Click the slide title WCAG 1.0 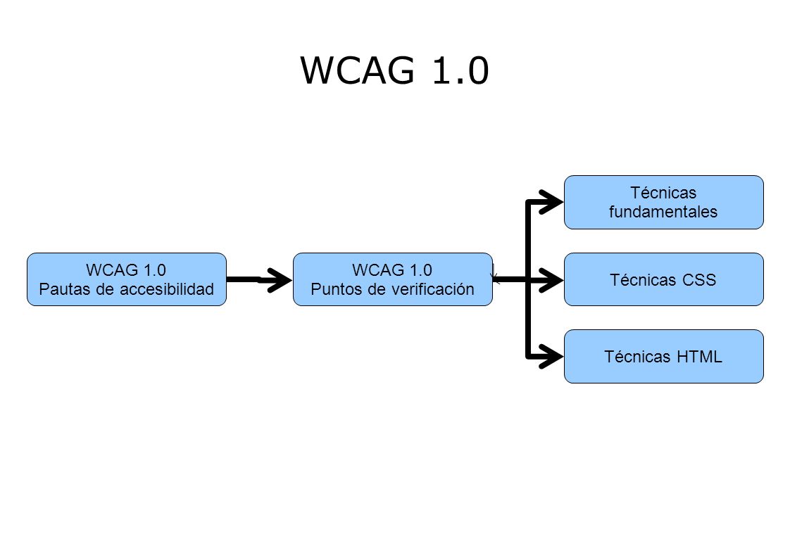point(394,70)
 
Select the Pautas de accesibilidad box point(127,279)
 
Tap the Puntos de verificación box point(392,279)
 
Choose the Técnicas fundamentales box point(663,203)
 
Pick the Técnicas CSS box point(663,279)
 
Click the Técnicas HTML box point(663,357)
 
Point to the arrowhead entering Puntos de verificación point(279,279)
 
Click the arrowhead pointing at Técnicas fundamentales point(551,203)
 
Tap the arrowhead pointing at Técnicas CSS point(551,279)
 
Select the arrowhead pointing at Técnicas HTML point(551,357)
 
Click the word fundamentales point(663,212)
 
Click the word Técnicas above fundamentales point(663,192)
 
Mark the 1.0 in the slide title point(460,70)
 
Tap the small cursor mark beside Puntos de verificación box point(494,274)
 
